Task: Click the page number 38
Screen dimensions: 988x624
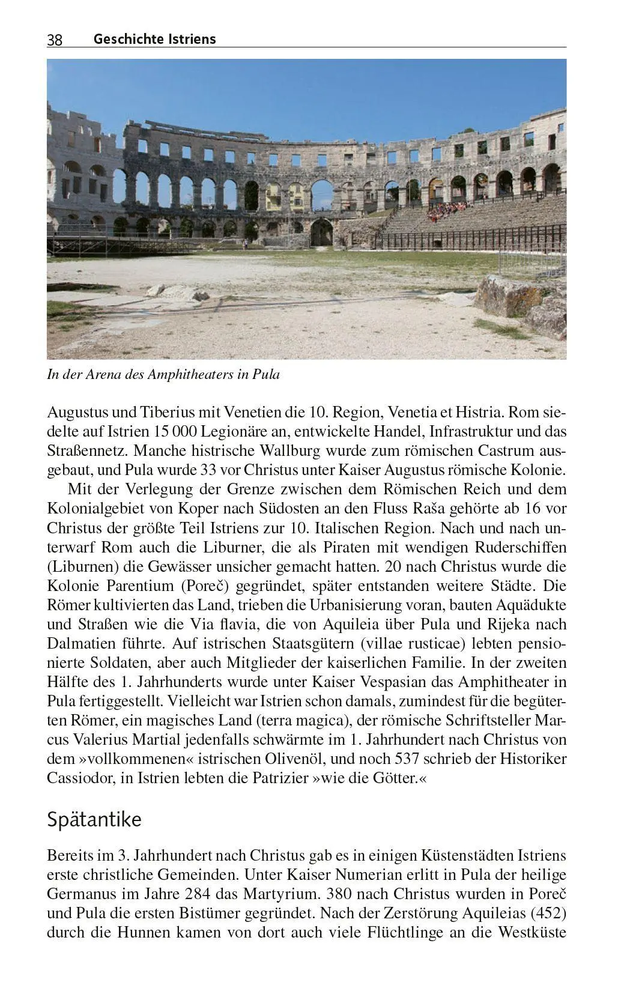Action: point(54,40)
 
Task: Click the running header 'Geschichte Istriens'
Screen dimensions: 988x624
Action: point(154,39)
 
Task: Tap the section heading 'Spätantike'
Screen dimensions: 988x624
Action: point(94,820)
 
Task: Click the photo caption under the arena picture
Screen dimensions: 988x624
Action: point(163,375)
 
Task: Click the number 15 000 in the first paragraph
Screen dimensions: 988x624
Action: point(178,432)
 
